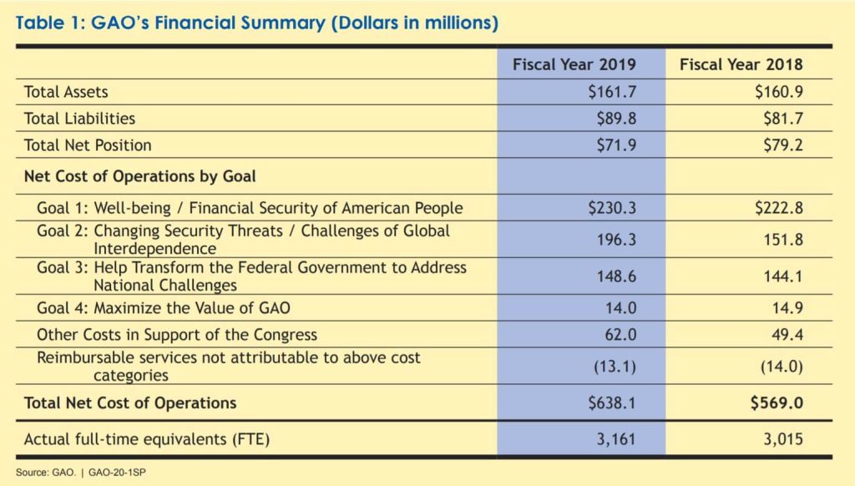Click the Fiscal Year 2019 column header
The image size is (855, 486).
(574, 64)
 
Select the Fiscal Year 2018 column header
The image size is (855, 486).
(741, 64)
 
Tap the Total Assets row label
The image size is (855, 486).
(66, 92)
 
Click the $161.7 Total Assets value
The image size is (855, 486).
(612, 92)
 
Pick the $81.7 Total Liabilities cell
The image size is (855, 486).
(783, 119)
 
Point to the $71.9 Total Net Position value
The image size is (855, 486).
(616, 145)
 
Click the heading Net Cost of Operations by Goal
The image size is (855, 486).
(140, 176)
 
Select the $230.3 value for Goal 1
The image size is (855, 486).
(612, 208)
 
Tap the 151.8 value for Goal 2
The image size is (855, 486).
(783, 240)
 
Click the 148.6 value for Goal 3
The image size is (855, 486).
(616, 276)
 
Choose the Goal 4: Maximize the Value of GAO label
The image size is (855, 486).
(164, 308)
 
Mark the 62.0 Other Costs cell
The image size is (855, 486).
(620, 334)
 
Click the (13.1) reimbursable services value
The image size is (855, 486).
(615, 366)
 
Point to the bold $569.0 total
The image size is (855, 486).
(777, 402)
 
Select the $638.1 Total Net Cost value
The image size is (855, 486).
(612, 402)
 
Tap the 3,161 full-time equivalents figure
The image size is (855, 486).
(616, 439)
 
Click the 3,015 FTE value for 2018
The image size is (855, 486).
(783, 439)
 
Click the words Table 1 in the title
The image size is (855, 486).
(48, 23)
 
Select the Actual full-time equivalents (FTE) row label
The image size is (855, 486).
(147, 439)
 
